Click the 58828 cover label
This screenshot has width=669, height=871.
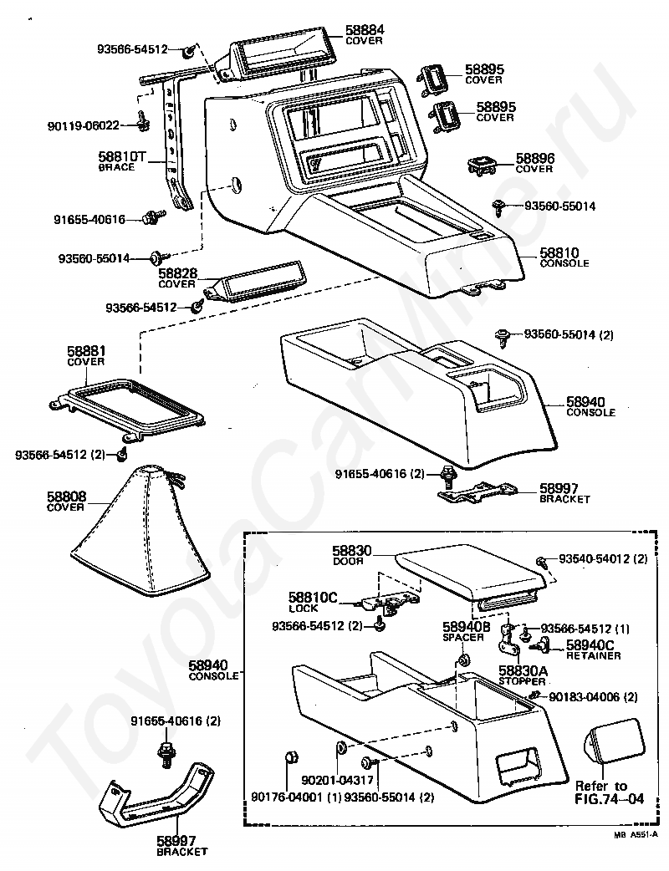tap(176, 274)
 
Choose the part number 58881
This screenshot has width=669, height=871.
tap(85, 352)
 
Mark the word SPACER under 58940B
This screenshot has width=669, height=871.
tap(463, 638)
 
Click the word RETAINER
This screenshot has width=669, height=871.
tap(593, 656)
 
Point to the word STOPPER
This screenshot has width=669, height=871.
tap(522, 681)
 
